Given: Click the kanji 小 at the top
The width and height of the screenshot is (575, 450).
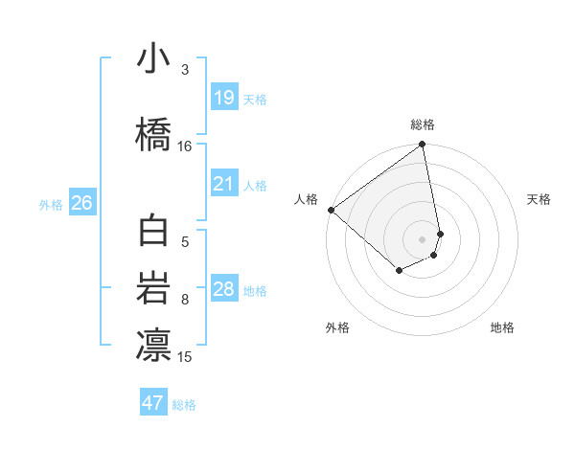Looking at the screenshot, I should pos(153,59).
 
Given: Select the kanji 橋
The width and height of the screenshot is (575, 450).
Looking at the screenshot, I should pos(153,134).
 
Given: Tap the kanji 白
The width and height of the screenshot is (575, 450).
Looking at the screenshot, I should pos(153,233).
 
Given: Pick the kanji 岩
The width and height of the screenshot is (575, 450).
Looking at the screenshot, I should pos(153,288).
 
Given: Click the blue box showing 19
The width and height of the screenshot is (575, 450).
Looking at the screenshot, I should pos(223,98).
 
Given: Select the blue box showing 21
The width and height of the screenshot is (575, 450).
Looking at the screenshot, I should pos(223,184).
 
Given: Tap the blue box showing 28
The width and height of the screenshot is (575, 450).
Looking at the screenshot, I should pos(223,289).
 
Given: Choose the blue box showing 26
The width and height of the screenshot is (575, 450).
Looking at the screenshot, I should pos(81,203).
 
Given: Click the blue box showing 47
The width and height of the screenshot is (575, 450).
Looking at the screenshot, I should pos(153,403).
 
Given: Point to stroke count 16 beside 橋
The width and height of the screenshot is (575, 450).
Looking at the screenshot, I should pos(185,146).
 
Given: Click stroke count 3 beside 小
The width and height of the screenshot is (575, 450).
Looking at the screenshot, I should pos(185,70).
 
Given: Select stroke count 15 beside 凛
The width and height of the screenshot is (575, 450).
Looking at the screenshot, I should pos(185,357).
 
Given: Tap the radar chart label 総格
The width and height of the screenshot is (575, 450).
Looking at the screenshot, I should pos(423,124).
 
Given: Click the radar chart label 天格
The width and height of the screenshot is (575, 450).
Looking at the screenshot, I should pos(539,199).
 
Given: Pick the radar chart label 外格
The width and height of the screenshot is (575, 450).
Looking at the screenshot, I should pos(337,327).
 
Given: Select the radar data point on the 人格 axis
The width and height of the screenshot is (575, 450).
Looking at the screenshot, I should pos(331,210).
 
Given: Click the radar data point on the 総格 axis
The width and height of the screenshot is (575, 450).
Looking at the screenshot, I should pos(423,146).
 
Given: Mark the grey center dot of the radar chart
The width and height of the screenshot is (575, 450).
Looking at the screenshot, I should pos(423,239).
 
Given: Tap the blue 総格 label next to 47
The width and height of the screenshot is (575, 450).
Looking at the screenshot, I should pos(184,405).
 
